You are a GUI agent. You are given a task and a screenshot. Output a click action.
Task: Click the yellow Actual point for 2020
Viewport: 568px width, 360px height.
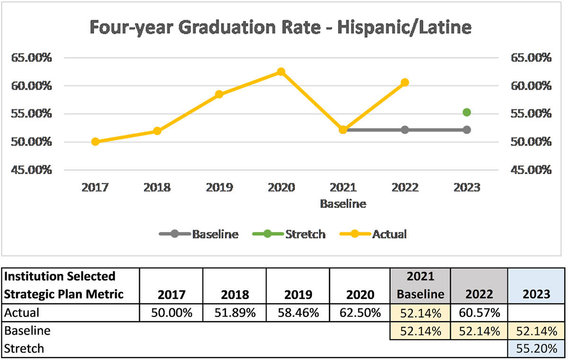[x=281, y=72]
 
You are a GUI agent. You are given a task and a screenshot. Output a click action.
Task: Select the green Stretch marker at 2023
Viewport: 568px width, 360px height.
[x=467, y=112]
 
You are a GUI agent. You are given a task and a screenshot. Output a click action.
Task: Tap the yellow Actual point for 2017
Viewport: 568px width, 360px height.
[x=95, y=142]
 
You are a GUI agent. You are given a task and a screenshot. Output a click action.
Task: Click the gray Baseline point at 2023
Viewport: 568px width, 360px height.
[x=467, y=130]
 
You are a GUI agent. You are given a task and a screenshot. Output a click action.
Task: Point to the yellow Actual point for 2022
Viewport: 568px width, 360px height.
[x=405, y=82]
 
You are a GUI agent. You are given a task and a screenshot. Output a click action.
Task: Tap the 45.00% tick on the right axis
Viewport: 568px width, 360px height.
[x=531, y=170]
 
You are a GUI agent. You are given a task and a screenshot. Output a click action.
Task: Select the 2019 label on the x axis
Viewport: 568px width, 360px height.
[x=219, y=188]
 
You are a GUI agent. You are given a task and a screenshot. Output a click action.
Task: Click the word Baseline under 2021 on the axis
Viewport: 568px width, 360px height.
[x=343, y=205]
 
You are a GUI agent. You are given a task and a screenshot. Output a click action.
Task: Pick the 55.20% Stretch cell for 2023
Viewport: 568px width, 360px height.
[x=536, y=349]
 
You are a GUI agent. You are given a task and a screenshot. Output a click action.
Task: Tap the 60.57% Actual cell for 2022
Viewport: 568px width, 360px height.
[x=479, y=313]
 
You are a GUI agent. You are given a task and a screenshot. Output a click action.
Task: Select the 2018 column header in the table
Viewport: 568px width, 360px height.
[x=234, y=294]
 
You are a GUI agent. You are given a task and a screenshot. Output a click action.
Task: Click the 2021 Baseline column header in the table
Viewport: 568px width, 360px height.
[x=420, y=285]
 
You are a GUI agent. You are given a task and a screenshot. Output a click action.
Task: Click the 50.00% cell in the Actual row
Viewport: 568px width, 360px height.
[x=171, y=313]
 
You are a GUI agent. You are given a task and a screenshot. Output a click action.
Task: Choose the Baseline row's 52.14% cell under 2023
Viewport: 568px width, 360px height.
[x=536, y=331]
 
